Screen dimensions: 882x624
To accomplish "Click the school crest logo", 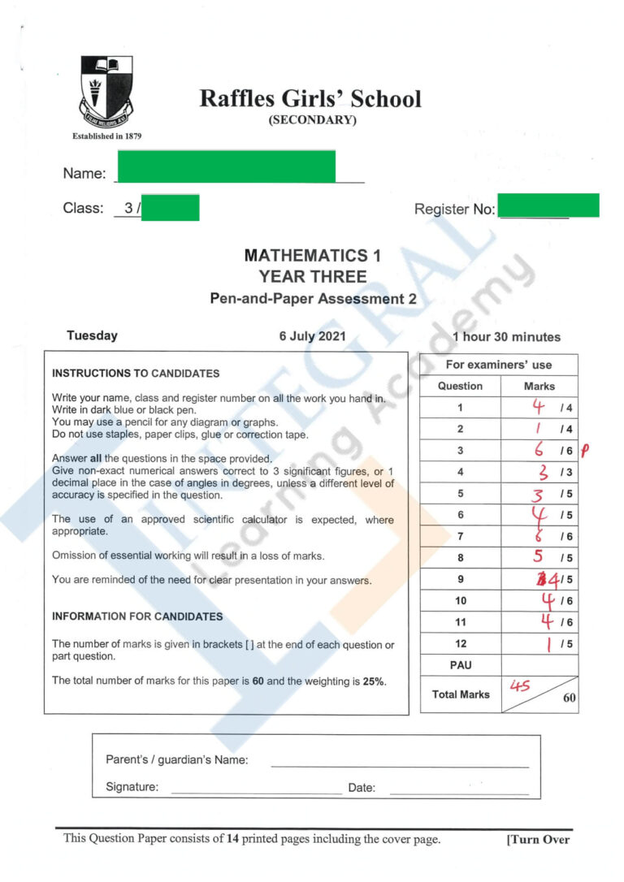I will click(x=106, y=90).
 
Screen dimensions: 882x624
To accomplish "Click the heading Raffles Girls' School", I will click(x=310, y=99).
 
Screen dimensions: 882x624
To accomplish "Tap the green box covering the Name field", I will click(x=226, y=166).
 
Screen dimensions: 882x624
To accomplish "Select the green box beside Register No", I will click(x=548, y=205).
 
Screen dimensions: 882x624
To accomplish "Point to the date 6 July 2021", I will click(x=313, y=336).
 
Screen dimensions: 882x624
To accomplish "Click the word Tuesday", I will click(x=92, y=335).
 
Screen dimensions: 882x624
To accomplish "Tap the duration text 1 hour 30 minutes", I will click(x=506, y=337).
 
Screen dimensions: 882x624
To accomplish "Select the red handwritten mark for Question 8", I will click(x=537, y=557).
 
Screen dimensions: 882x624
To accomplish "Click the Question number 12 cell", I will click(x=460, y=644).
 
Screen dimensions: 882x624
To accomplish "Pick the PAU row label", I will click(x=460, y=665).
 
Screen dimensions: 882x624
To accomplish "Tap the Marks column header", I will click(x=539, y=386).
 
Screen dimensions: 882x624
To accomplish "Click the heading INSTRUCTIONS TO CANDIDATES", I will click(x=136, y=374).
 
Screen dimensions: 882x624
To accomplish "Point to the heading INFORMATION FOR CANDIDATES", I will click(x=137, y=616).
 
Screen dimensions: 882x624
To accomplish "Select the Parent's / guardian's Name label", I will click(x=176, y=760).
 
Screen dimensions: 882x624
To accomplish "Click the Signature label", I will click(x=132, y=787).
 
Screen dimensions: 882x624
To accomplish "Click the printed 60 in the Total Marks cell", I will click(x=569, y=698).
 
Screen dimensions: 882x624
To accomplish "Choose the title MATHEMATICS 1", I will click(x=313, y=256).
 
